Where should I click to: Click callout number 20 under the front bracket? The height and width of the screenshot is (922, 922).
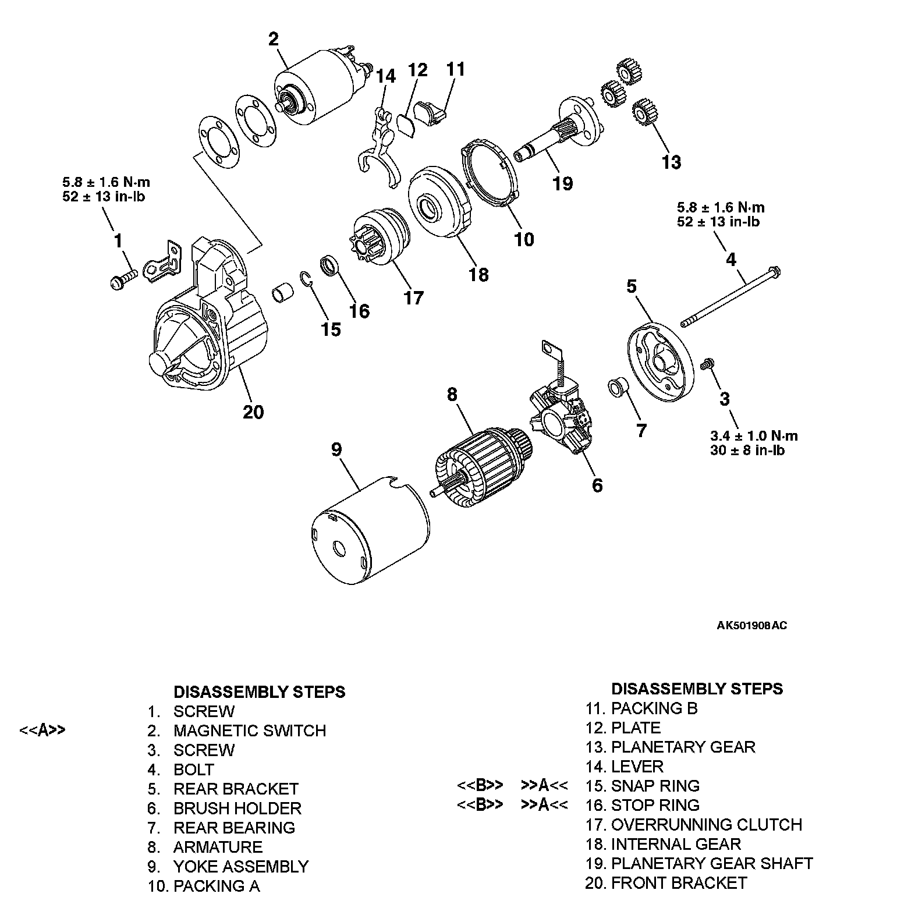coord(253,412)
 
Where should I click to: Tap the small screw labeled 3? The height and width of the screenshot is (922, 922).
coord(707,364)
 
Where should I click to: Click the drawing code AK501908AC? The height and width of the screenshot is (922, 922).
coord(751,626)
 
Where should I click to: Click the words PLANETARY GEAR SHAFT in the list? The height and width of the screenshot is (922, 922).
coord(711,863)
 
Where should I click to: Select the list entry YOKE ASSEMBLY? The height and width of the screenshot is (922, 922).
coord(240,866)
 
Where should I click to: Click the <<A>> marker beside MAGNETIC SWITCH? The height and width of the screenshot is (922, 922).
coord(42,730)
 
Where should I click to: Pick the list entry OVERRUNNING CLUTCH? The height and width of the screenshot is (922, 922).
coord(706,824)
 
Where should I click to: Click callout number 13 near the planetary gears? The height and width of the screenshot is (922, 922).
coord(671,162)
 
